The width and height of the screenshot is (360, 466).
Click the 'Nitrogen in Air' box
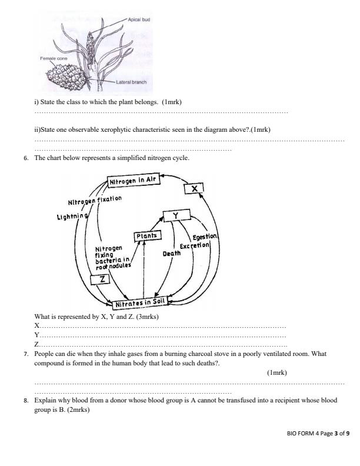[x=134, y=181]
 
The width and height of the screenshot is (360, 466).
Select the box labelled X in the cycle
[x=194, y=188]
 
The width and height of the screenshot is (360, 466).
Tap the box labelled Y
[x=175, y=216]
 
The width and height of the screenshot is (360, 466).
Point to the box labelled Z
[x=102, y=279]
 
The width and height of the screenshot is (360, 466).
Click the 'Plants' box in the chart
[x=147, y=236]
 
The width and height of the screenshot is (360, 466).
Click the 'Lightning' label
[x=72, y=216]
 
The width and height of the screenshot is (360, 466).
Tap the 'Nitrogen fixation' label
[x=95, y=200]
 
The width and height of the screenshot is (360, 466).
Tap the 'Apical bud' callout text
[x=139, y=19]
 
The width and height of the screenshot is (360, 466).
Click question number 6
[x=26, y=158]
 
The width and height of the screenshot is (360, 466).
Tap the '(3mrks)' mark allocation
[x=148, y=317]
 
